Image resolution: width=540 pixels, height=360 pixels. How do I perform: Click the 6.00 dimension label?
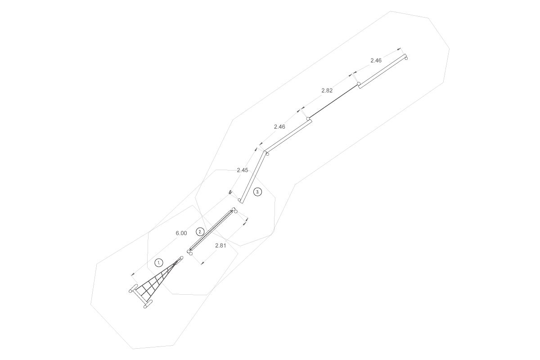tap(181, 233)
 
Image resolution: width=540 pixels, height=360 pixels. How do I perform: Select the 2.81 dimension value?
tap(220, 245)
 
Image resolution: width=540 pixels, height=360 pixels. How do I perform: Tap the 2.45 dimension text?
tap(242, 170)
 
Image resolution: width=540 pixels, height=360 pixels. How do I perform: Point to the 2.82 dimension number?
tap(327, 90)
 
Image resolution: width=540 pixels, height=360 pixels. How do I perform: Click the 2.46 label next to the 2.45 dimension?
tap(279, 126)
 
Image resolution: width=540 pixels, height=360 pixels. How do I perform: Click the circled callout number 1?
tap(159, 263)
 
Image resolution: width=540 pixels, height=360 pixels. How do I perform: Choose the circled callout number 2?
tap(200, 232)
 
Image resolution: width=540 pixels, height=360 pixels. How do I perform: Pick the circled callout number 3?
tap(258, 192)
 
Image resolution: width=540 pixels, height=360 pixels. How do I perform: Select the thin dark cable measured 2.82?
tap(333, 101)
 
